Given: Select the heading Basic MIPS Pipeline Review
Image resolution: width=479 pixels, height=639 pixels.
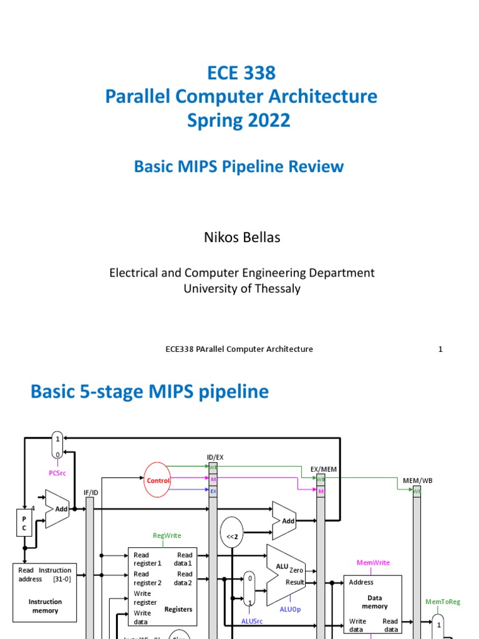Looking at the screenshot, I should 239,167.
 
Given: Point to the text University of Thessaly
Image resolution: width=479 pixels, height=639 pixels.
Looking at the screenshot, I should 242,288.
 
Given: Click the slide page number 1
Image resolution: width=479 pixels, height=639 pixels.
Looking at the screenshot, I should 440,349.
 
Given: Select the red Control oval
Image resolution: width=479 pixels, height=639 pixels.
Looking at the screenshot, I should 158,480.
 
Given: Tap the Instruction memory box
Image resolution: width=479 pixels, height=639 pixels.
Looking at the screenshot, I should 45,590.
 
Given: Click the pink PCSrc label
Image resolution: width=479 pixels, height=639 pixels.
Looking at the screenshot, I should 57,474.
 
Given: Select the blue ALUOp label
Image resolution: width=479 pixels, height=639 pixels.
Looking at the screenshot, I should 289,610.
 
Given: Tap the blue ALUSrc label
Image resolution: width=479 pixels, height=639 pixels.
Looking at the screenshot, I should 253,621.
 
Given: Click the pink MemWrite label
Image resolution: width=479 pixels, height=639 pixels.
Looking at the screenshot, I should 373,563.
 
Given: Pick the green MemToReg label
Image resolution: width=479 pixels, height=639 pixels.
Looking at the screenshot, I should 443,602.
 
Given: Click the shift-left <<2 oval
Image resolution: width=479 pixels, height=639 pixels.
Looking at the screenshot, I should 231,534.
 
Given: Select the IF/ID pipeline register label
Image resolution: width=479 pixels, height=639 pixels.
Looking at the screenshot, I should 91,492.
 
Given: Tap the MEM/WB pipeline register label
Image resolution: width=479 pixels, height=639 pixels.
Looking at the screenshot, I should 417,480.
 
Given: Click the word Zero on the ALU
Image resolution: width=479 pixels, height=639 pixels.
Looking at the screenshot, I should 296,570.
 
